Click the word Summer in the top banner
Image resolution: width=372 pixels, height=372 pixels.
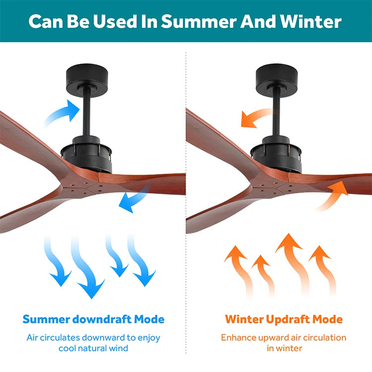[199, 22]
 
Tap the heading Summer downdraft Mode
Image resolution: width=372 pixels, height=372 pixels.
[93, 319]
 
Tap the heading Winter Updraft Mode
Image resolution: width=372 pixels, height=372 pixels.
[284, 319]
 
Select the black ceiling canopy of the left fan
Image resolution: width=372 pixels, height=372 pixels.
[87, 80]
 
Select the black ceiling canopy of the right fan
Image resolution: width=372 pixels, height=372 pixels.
[277, 80]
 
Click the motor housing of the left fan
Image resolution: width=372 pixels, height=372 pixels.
[87, 154]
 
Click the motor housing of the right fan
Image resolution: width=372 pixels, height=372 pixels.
[276, 154]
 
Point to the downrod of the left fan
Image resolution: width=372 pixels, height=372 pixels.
[87, 114]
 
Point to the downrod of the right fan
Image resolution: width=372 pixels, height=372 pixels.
[276, 114]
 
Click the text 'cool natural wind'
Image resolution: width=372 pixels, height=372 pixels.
[93, 348]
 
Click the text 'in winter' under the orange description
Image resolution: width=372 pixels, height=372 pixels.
[285, 348]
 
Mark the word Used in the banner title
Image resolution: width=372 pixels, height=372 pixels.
[115, 22]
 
